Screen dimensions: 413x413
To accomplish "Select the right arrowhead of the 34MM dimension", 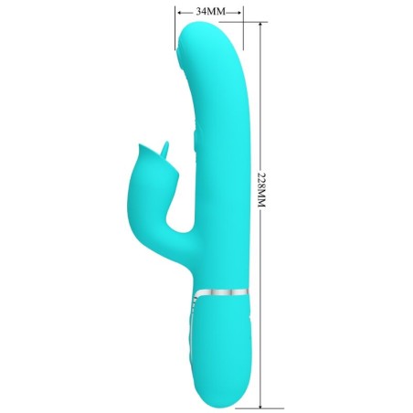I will pyautogui.click(x=239, y=12).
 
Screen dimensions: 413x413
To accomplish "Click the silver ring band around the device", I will pyautogui.click(x=219, y=293).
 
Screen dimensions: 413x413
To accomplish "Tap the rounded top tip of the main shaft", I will pyautogui.click(x=208, y=32).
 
